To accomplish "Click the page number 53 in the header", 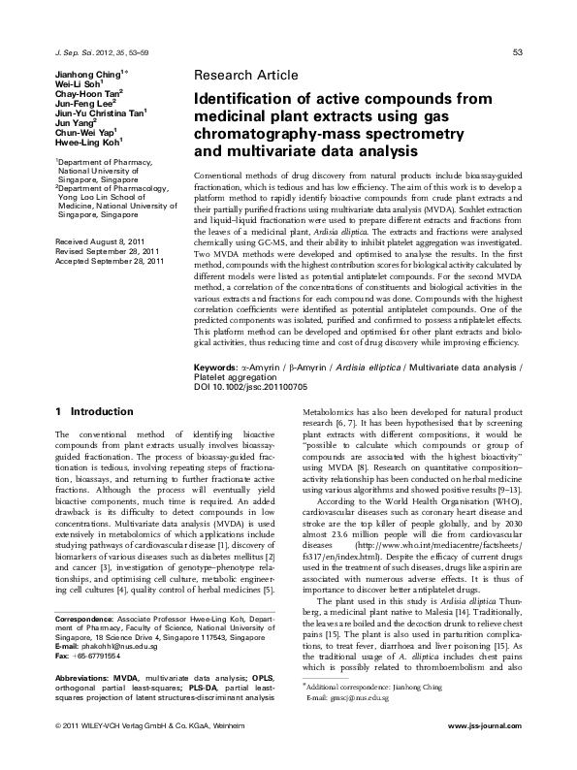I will click(x=518, y=51).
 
